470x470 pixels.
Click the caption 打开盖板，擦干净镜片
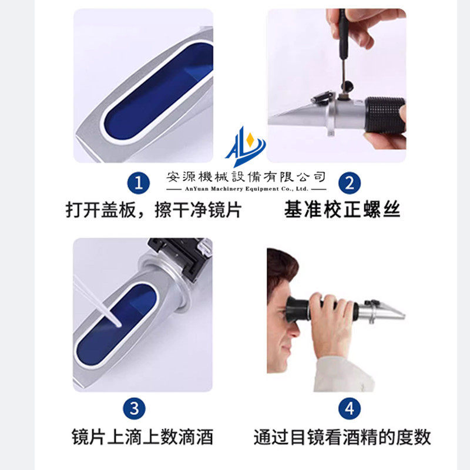click(x=153, y=210)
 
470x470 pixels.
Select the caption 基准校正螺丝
click(x=342, y=210)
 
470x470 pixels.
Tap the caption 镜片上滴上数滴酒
click(x=142, y=437)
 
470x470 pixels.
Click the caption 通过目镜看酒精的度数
click(x=342, y=437)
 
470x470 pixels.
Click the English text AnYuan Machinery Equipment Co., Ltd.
click(x=246, y=190)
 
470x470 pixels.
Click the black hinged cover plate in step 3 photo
click(x=179, y=253)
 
